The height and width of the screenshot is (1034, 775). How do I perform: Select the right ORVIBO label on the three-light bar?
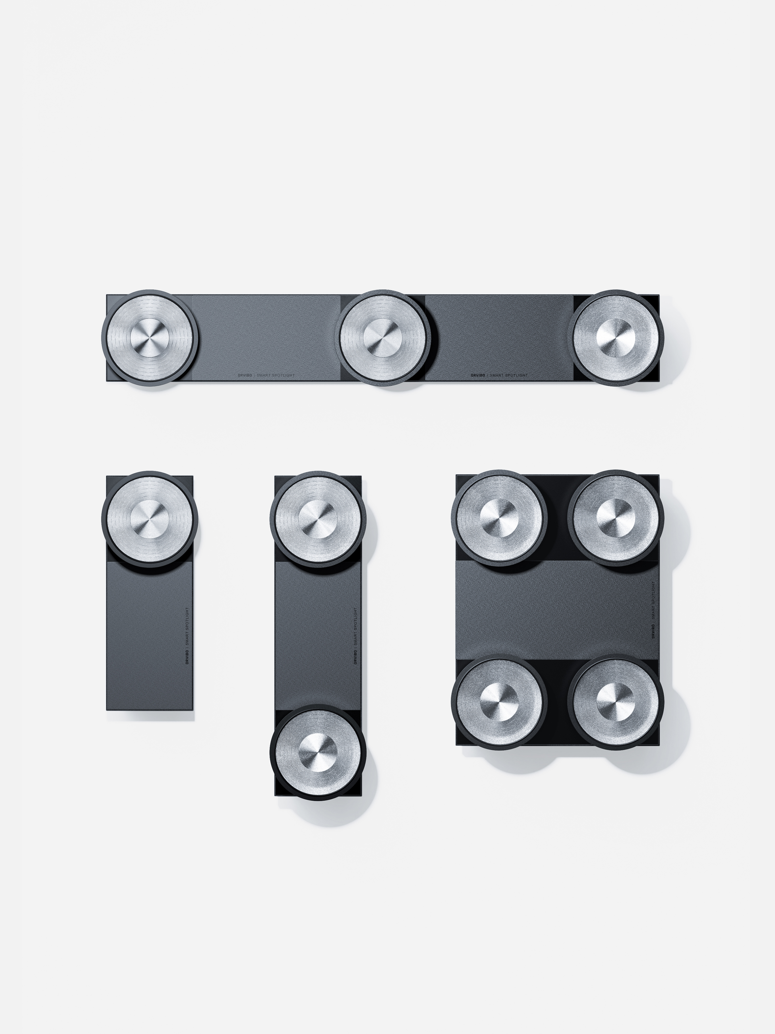point(477,375)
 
